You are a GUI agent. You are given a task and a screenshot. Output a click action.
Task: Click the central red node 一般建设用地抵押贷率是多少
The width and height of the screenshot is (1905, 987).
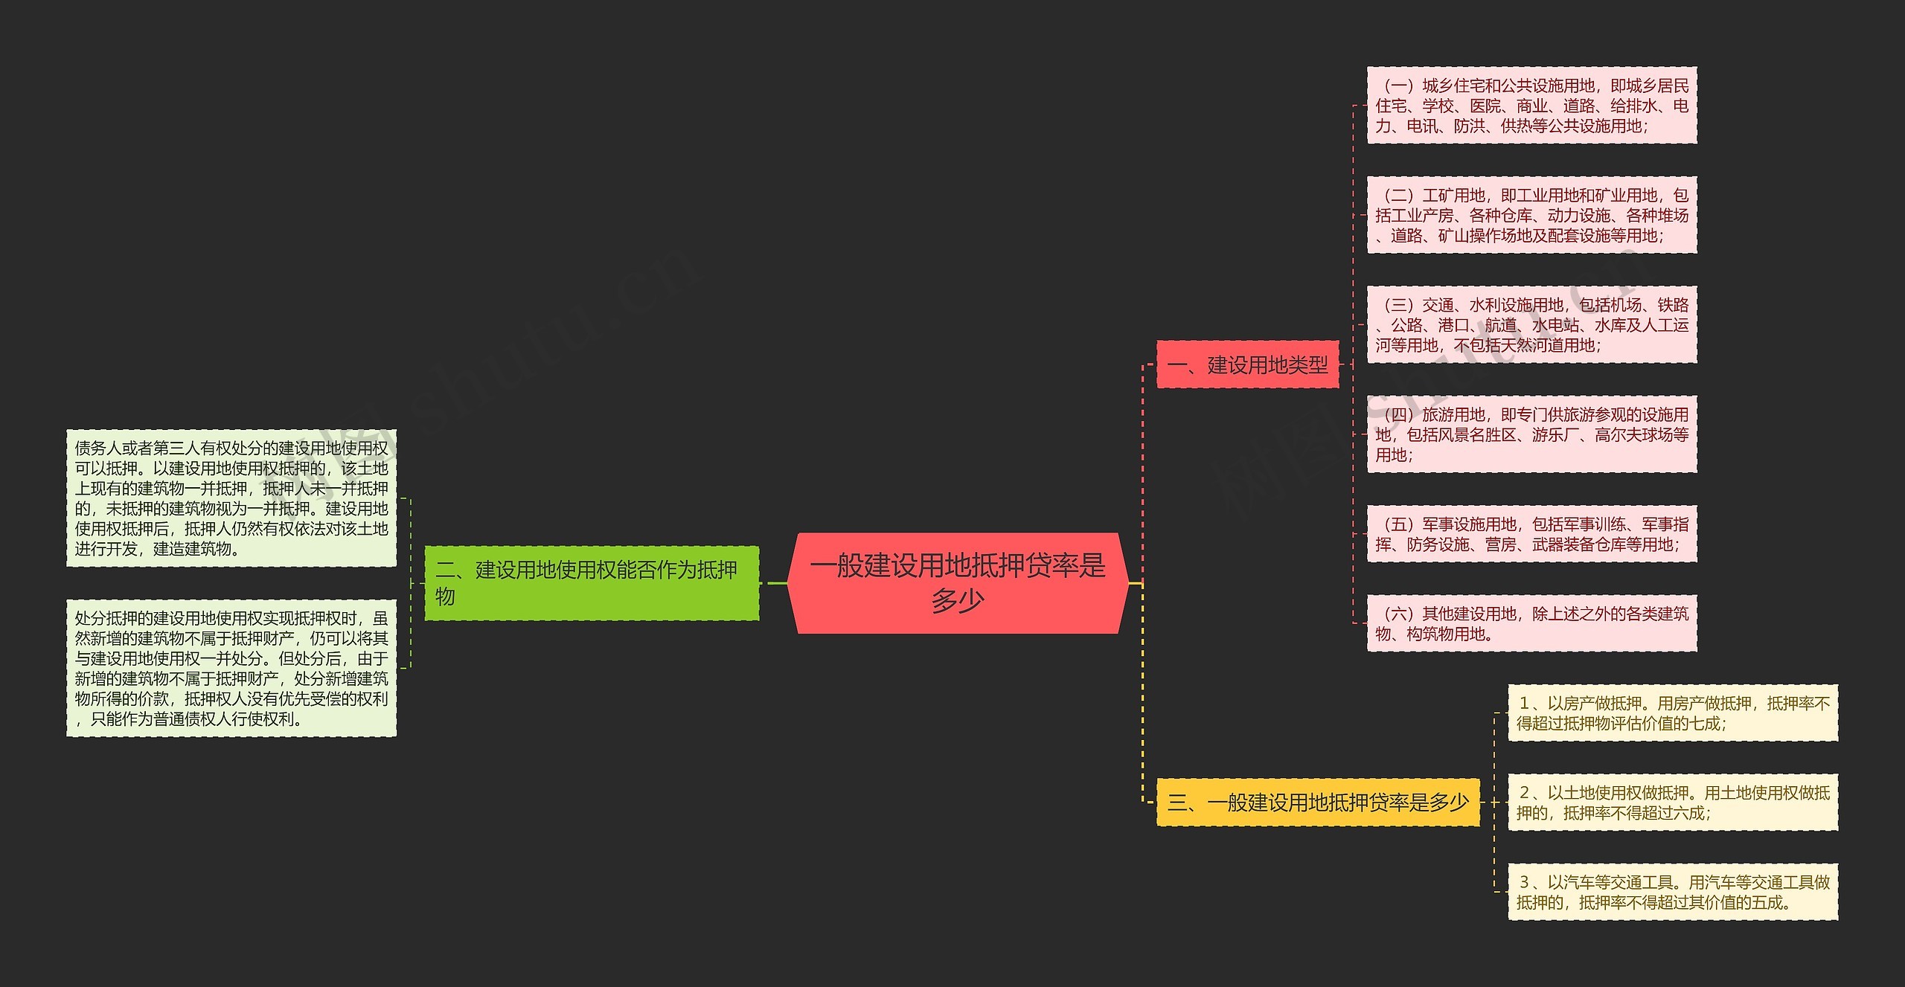pos(958,582)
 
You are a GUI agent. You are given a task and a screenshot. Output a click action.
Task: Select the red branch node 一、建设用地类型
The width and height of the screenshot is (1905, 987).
pos(1247,364)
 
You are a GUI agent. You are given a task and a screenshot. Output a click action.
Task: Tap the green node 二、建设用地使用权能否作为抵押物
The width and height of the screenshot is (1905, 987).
pos(592,582)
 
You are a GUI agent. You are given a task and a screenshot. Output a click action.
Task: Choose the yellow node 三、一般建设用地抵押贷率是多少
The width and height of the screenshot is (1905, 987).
pos(1318,802)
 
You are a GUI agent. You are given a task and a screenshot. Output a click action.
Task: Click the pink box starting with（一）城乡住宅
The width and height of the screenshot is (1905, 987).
pos(1531,105)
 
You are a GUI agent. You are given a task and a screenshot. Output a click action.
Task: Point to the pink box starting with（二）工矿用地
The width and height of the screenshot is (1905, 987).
pos(1531,215)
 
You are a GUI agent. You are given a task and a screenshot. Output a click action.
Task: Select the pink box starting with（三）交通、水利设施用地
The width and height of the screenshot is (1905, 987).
pos(1531,324)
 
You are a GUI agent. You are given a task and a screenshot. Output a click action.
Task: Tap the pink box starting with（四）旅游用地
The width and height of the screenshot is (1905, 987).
pos(1531,434)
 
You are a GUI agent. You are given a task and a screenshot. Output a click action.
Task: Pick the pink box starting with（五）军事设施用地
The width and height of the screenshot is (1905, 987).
pos(1531,534)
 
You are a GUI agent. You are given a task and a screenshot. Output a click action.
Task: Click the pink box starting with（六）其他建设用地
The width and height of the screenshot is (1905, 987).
pos(1531,623)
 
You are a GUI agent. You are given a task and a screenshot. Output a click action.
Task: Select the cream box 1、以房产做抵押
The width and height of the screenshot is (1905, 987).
pos(1673,713)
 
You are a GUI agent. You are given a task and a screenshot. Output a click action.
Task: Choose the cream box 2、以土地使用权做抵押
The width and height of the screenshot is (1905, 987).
pos(1673,802)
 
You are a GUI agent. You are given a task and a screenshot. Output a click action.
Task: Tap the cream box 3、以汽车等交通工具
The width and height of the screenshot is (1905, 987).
pos(1673,892)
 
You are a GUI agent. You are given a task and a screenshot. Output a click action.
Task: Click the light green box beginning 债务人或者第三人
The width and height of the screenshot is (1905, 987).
pos(231,498)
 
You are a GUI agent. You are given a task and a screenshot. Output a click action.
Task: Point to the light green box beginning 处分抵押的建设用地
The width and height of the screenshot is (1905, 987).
pos(231,668)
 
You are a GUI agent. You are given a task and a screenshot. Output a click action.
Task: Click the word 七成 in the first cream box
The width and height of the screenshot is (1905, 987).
pos(1704,724)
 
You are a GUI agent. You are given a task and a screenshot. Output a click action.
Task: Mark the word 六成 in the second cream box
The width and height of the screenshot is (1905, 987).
pos(1688,813)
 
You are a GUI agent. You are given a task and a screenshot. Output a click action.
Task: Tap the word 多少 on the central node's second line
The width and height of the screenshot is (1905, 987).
pos(958,600)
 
